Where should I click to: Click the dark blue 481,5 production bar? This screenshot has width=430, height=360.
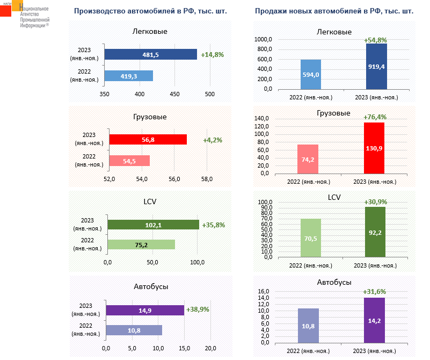click(x=150, y=54)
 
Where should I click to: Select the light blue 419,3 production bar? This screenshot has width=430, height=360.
click(x=129, y=76)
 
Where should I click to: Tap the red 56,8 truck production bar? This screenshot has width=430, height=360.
click(x=148, y=139)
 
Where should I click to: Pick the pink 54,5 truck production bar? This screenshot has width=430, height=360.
click(x=129, y=161)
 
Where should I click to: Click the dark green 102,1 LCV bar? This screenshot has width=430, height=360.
click(x=153, y=225)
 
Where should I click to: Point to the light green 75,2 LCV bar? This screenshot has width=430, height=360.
click(x=141, y=244)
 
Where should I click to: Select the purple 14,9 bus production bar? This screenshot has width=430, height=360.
click(x=145, y=310)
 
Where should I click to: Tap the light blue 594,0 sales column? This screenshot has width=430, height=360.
click(x=311, y=74)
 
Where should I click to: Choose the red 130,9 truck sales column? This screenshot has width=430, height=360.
click(x=374, y=148)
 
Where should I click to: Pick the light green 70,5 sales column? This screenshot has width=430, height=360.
click(x=311, y=237)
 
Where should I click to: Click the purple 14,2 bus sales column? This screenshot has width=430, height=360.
click(x=374, y=320)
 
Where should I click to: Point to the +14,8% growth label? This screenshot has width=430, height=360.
click(x=212, y=54)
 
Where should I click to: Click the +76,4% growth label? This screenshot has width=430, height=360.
click(x=375, y=117)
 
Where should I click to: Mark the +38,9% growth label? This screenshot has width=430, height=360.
click(x=198, y=309)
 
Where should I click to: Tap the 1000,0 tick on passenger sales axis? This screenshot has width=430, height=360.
click(x=264, y=40)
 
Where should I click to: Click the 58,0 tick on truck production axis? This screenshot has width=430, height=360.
click(x=207, y=179)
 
